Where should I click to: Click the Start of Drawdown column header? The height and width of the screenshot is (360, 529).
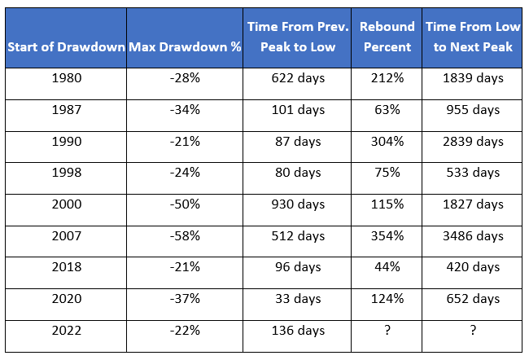tap(66, 47)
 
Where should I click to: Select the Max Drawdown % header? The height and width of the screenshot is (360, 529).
tap(185, 47)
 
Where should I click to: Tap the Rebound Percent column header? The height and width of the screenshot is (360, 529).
tap(387, 37)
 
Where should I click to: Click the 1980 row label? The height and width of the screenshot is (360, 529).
tap(67, 78)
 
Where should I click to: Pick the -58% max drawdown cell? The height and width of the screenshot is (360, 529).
tap(185, 235)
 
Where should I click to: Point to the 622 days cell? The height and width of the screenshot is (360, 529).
tap(298, 78)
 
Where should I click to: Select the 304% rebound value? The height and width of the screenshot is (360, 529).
tap(387, 141)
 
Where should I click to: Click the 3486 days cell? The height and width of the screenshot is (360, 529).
tap(473, 236)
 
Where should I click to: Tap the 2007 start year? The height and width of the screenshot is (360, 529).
tap(67, 235)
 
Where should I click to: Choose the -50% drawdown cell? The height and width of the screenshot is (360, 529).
tap(185, 204)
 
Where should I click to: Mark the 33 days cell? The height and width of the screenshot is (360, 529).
tap(298, 299)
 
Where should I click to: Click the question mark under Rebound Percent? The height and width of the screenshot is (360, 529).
tap(387, 330)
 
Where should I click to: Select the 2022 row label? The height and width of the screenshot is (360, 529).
tap(67, 331)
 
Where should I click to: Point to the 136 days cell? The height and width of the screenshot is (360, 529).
tap(298, 331)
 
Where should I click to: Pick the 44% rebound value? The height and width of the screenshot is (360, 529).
tap(387, 267)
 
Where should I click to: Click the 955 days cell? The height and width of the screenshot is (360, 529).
tap(473, 110)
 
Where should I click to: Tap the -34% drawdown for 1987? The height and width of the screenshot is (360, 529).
tap(185, 110)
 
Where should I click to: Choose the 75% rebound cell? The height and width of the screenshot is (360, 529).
tap(387, 173)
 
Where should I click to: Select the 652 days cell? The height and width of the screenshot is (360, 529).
tap(473, 299)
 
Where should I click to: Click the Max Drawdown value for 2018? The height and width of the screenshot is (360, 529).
tap(185, 267)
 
